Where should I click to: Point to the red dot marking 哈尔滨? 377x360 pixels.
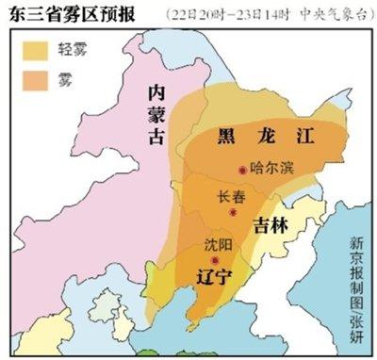243,170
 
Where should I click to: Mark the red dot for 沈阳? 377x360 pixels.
216,260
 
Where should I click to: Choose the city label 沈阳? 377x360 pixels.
216,243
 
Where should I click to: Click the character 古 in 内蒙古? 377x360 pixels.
158,136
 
